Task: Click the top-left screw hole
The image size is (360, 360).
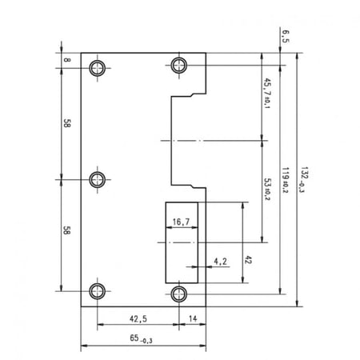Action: (98, 68)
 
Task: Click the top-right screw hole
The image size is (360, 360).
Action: (179, 65)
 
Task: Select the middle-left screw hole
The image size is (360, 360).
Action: (98, 179)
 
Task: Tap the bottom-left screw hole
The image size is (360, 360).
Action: (98, 291)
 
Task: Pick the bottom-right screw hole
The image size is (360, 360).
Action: (179, 294)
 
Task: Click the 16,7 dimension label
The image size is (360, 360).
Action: (181, 222)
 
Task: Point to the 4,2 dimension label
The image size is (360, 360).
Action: (220, 262)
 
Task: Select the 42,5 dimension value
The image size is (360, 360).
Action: (138, 318)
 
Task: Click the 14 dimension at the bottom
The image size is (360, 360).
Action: (193, 318)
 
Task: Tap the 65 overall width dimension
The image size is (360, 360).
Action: (141, 338)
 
